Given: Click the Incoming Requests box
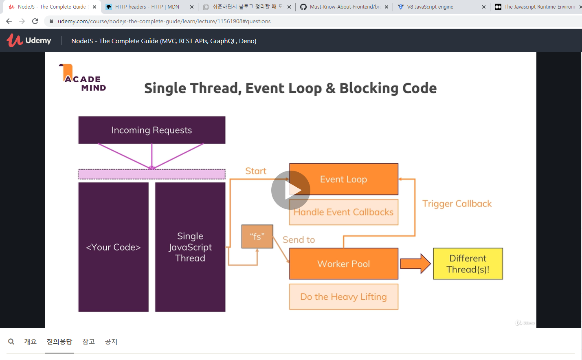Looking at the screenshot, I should tap(152, 130).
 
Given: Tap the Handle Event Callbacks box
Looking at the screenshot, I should tap(343, 212).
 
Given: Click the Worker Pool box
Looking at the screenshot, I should tap(343, 264).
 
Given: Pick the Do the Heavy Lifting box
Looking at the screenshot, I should tap(343, 297).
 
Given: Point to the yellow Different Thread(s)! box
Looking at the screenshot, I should tap(468, 264).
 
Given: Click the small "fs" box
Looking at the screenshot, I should tap(257, 237).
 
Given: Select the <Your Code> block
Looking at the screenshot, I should tap(113, 247).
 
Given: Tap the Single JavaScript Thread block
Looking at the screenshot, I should tap(190, 247).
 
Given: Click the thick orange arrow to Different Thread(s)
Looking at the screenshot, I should tap(415, 264).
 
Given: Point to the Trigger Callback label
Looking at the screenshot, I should tap(457, 204).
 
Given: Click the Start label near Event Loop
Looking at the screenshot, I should tap(255, 171).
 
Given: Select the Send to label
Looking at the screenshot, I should tap(299, 240).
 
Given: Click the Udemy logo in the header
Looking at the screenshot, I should tap(29, 40).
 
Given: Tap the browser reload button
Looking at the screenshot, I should tap(35, 21).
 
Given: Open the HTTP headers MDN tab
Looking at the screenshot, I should tap(147, 7).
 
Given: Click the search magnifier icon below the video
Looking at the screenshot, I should tap(11, 342).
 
